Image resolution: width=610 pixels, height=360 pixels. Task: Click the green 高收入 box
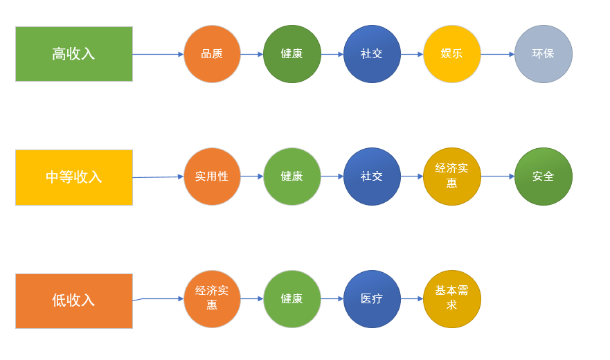74,54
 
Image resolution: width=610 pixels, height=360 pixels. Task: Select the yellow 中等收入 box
74,177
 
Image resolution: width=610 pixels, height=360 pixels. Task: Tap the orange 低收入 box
74,300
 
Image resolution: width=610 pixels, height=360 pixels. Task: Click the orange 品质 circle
212,54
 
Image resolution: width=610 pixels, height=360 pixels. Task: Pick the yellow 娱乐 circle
451,54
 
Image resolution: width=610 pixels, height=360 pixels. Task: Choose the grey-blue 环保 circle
543,54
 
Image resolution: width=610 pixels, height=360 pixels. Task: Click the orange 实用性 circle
212,177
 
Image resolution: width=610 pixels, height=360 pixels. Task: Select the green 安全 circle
543,177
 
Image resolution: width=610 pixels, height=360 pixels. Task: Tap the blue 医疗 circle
372,299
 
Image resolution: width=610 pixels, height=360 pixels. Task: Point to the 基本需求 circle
451,299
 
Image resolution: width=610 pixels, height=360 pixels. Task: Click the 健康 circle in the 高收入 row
291,54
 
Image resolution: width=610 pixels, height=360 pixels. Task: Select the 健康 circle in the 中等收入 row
291,177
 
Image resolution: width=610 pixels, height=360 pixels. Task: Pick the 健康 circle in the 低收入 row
291,299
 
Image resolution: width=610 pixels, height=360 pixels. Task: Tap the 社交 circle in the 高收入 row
372,54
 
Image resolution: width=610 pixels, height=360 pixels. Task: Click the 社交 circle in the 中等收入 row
372,177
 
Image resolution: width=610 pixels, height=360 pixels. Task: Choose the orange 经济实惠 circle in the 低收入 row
212,299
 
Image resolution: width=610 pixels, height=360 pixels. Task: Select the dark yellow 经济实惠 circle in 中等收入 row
451,177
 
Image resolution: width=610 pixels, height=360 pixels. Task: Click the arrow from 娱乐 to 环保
497,54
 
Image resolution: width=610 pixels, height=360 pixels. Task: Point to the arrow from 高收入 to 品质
158,54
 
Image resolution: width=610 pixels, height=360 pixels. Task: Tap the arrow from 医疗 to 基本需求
412,299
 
